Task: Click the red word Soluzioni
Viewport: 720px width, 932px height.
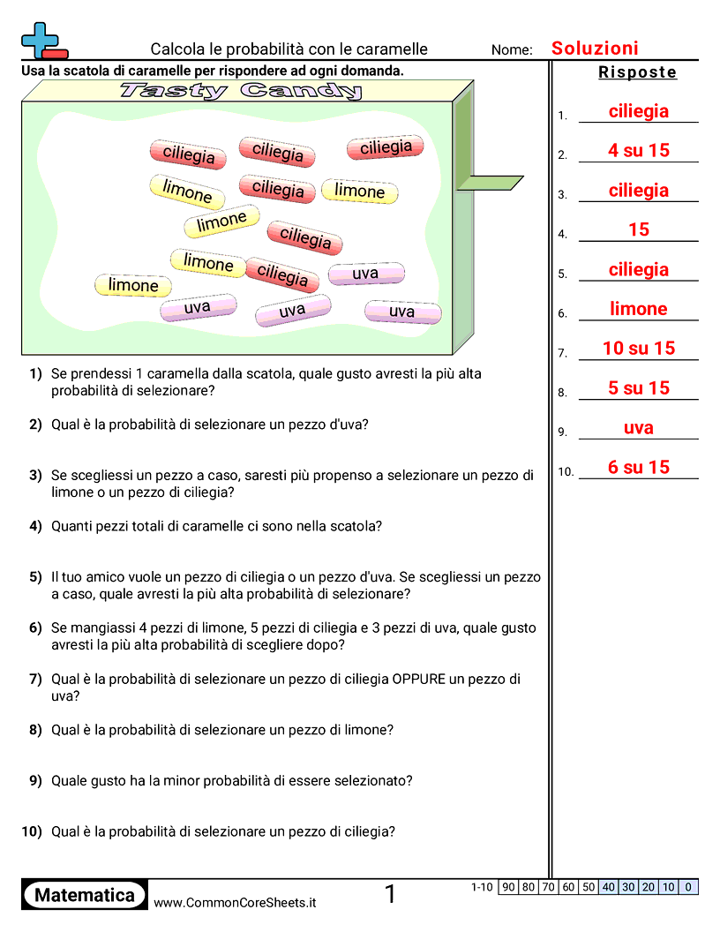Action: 595,49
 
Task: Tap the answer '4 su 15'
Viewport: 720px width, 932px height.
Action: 638,151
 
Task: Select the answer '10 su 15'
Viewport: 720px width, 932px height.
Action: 638,349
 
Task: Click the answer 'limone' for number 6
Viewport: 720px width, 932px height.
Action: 638,309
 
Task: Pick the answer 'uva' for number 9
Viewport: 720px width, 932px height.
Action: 638,428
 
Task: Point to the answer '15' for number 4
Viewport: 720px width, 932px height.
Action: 638,229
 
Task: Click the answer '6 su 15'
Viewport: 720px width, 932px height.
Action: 638,468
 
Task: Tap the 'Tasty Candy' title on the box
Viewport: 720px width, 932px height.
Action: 240,91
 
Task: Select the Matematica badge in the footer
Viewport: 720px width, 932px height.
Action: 84,895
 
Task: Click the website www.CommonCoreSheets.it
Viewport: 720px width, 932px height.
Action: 235,903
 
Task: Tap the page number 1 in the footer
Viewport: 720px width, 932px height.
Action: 391,895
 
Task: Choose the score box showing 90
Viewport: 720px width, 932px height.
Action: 508,887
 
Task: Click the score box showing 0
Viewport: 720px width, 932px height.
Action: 688,887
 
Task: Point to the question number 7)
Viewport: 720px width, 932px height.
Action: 35,680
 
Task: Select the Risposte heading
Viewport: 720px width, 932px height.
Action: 637,72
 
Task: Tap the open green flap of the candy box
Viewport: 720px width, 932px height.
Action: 490,183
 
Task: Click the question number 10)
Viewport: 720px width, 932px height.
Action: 32,831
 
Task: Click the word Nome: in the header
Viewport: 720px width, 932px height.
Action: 512,50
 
